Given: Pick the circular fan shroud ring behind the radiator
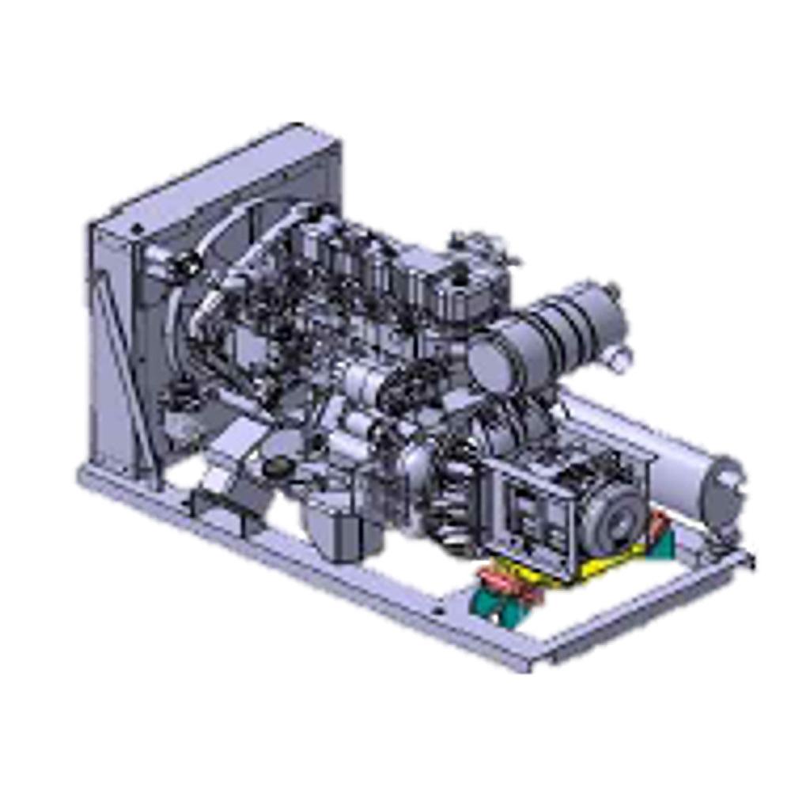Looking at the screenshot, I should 198,316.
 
